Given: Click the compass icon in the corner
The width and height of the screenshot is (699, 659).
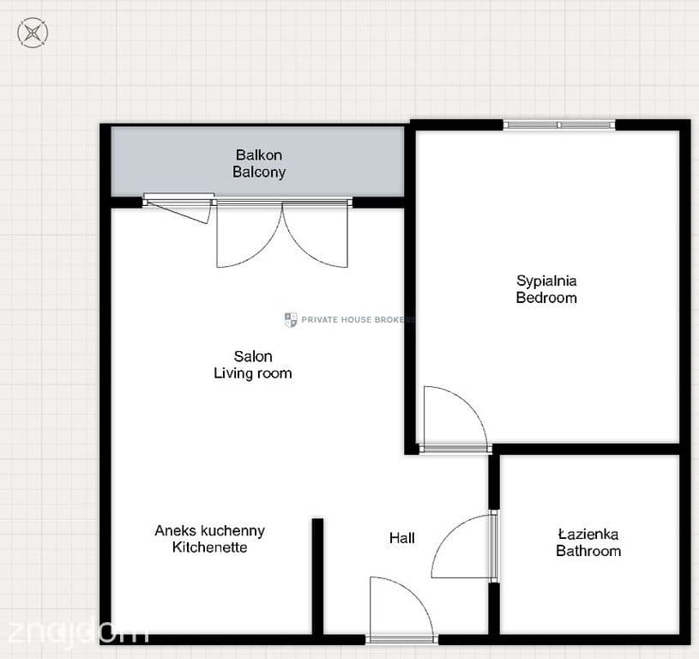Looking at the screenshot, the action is click(33, 33).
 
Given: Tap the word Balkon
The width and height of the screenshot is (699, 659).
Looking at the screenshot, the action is click(259, 154).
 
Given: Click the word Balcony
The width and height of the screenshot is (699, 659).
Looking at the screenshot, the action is click(259, 172).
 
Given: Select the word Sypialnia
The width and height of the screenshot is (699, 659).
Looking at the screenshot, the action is click(546, 281).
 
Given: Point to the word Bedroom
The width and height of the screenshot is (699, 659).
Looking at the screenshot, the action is click(546, 298).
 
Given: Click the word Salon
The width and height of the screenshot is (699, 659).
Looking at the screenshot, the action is click(253, 356).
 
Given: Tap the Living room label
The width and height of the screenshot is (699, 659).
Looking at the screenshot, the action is click(253, 373).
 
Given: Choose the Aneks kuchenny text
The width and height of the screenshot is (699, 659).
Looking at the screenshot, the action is click(209, 530).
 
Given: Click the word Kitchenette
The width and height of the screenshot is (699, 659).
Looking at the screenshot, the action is click(209, 547).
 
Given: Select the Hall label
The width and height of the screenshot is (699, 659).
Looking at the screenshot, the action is click(402, 538).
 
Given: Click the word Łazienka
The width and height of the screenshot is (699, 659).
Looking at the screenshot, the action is click(588, 534).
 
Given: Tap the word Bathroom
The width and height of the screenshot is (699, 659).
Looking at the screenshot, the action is click(588, 551).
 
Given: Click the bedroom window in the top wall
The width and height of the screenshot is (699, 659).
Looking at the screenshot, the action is click(559, 125).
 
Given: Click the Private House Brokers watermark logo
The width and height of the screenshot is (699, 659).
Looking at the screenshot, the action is click(291, 320).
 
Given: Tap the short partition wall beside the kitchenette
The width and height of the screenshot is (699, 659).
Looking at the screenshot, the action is click(317, 576).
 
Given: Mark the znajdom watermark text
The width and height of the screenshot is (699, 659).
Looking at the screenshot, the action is click(78, 630).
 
